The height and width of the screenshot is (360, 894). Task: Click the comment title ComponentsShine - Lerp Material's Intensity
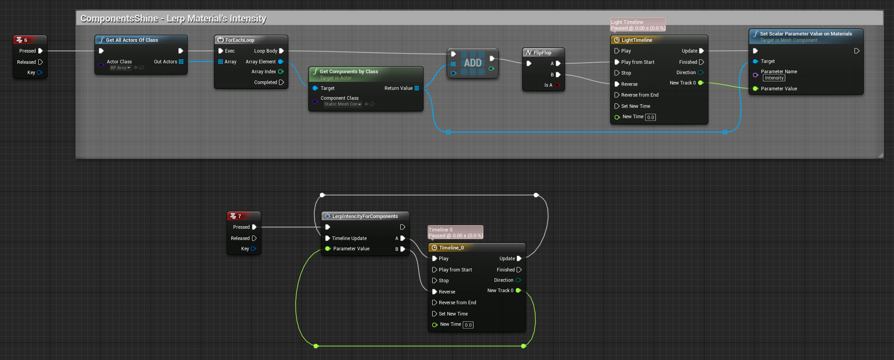point(173,18)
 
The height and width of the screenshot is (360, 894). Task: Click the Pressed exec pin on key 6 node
point(40,51)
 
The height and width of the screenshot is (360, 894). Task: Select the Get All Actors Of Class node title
point(132,40)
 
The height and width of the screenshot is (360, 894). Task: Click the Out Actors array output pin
point(181,62)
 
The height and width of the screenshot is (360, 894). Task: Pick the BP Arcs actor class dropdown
point(120,68)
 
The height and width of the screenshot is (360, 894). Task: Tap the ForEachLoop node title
point(239,40)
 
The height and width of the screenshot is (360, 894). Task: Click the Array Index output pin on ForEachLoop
point(281,71)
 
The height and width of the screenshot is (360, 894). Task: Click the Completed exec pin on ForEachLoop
point(281,82)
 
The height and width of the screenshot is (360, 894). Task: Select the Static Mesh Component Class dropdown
point(343,104)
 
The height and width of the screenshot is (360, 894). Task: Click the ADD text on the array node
point(473,63)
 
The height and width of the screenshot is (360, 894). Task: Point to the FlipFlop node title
point(542,53)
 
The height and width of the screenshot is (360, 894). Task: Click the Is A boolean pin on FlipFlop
point(558,85)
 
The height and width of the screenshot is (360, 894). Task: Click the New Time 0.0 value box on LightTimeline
point(651,117)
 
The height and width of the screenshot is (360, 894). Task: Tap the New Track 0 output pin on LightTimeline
point(701,83)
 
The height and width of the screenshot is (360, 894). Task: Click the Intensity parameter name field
point(774,78)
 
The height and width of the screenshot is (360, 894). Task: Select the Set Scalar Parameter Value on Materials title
point(806,34)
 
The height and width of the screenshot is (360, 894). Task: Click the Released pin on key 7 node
point(254,238)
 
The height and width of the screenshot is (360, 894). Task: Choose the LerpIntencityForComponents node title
point(365,216)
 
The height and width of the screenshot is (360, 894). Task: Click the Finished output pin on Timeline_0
point(519,270)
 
